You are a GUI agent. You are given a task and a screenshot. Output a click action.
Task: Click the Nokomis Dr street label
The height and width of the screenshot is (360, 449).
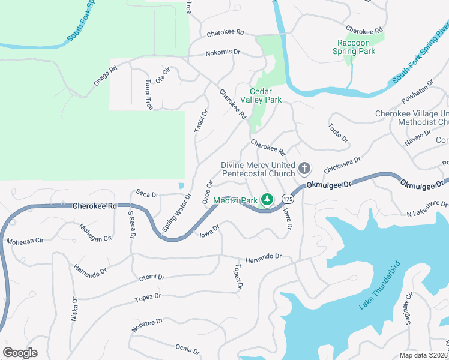222,52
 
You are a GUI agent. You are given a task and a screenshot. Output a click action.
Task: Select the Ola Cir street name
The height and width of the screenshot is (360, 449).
163,79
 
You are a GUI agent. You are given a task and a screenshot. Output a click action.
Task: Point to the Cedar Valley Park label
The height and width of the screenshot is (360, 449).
261,96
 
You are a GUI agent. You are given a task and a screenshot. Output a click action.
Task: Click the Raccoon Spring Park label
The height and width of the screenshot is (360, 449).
357,47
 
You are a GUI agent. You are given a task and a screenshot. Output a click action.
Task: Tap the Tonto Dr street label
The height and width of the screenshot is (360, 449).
339,132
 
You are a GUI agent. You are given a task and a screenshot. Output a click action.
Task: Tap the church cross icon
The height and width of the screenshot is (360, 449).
304,168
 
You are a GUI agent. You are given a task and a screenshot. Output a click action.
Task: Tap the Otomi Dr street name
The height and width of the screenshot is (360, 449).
151,277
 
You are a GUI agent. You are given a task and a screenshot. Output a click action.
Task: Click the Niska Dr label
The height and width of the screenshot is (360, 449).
74,309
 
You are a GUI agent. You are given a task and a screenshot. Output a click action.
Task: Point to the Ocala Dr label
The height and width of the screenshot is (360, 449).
187,348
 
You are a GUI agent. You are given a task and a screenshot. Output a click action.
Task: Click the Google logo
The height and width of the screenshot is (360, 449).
20,353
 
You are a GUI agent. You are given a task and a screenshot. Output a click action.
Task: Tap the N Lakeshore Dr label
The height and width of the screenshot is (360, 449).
427,209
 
